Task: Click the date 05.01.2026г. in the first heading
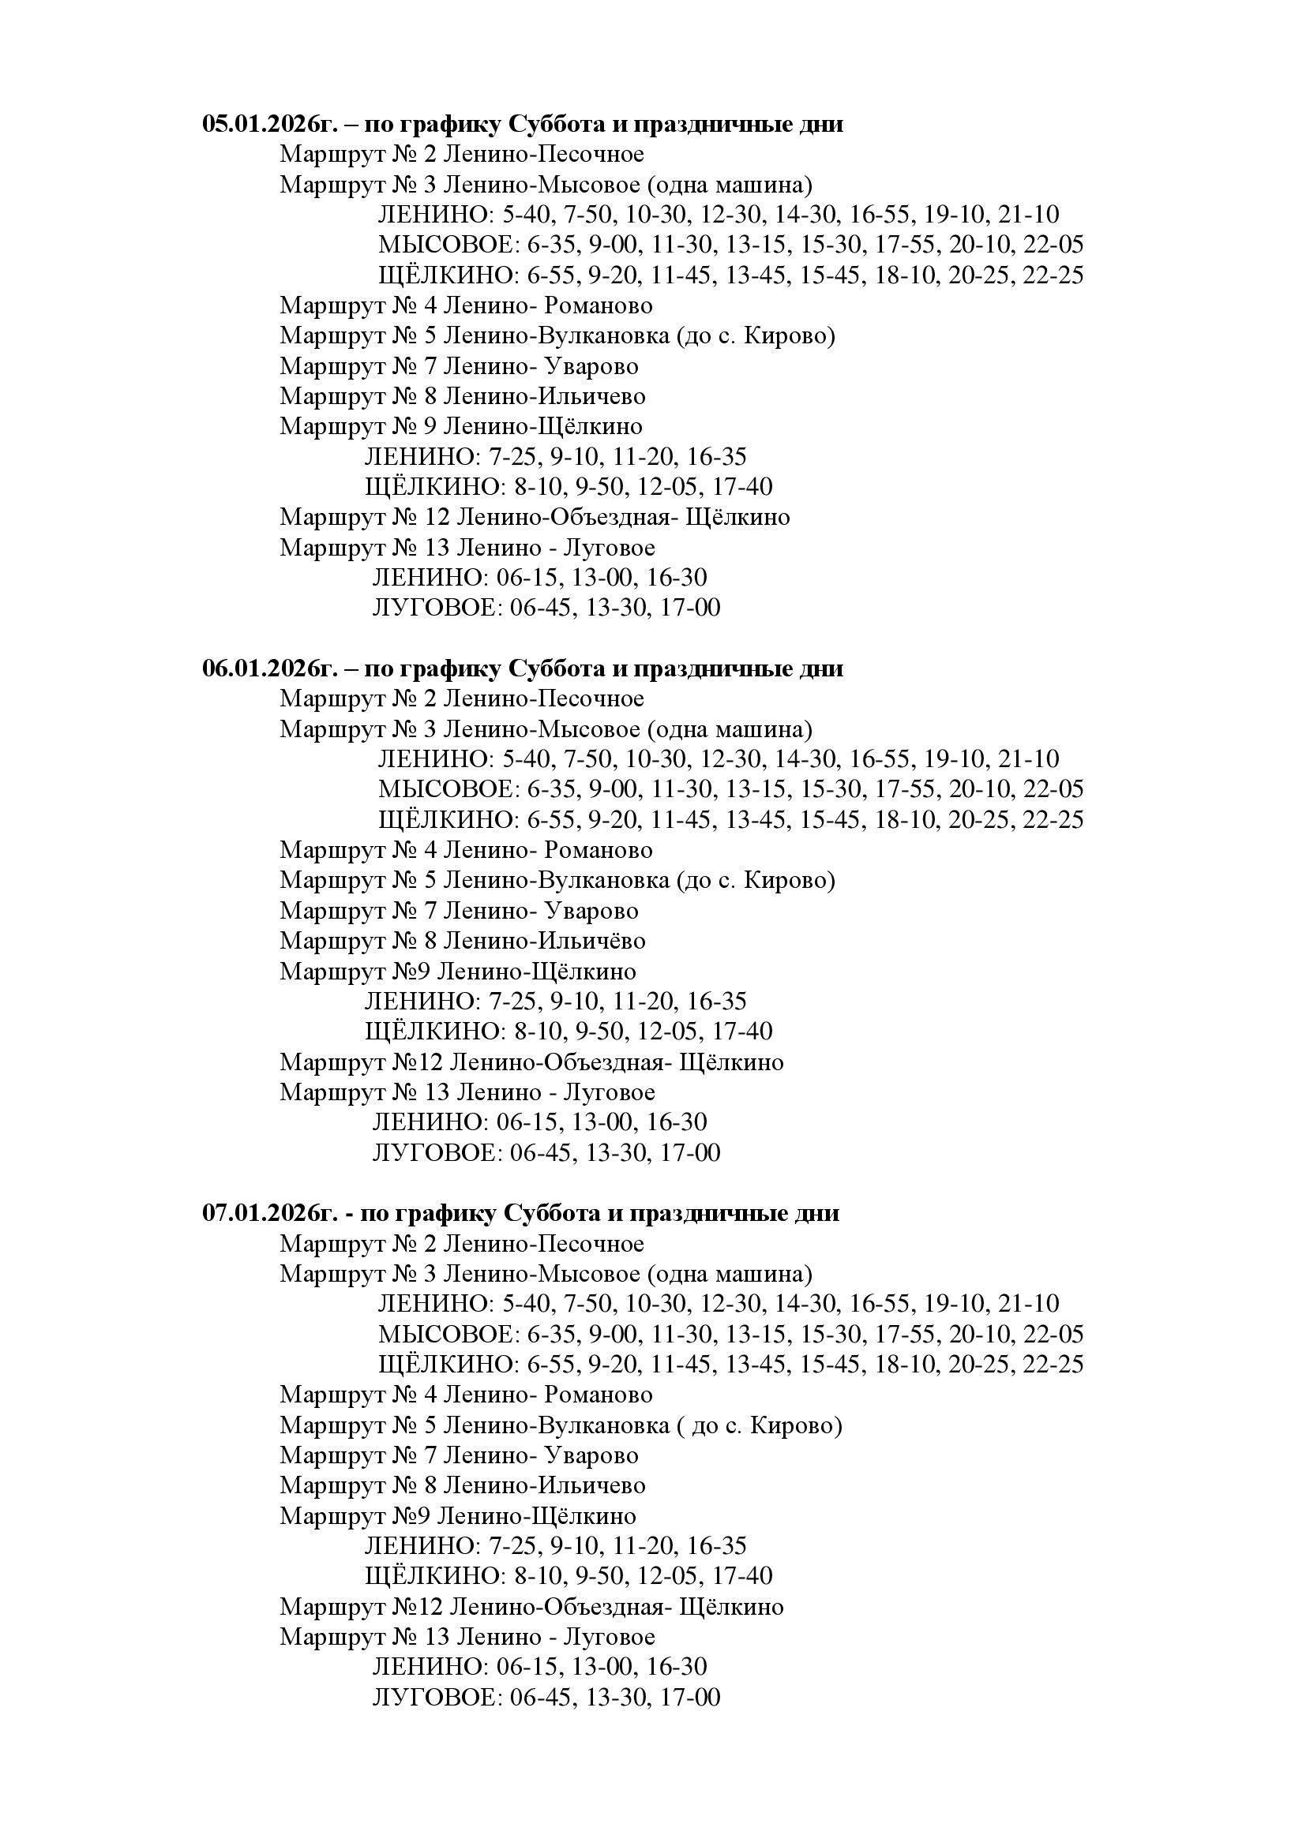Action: point(268,125)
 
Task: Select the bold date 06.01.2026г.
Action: point(268,669)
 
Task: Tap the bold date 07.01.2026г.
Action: point(268,1213)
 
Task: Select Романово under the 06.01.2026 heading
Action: point(599,850)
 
